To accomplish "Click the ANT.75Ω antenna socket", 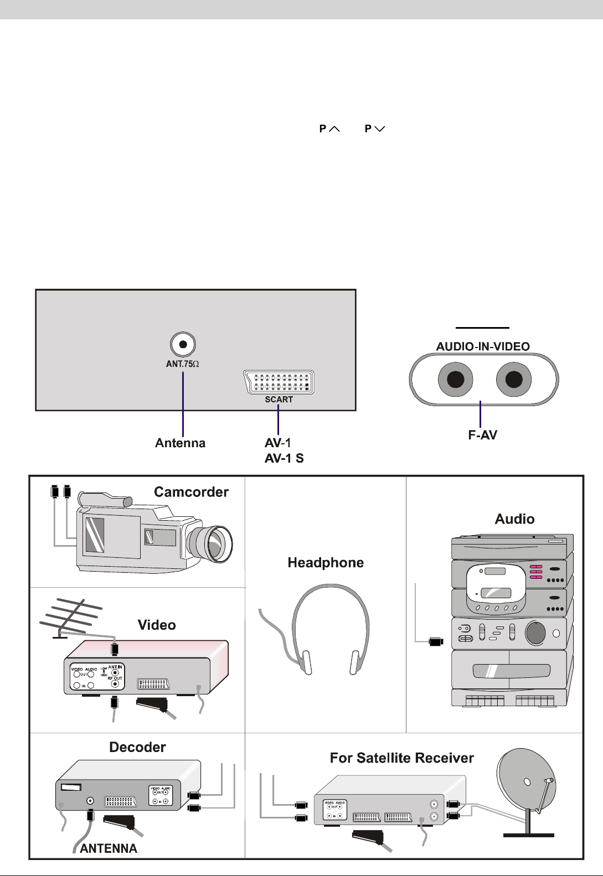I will click(183, 344).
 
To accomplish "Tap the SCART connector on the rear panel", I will click(279, 382).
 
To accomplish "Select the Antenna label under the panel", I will click(180, 443).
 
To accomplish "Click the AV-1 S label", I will click(284, 458).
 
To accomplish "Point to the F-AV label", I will click(482, 435).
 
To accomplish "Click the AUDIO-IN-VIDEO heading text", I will click(483, 346).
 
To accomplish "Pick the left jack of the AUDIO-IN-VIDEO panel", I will click(455, 380).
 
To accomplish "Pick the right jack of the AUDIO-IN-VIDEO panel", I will click(514, 380).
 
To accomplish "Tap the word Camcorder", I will click(191, 492).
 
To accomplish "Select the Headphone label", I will click(326, 563).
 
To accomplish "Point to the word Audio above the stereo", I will click(514, 519).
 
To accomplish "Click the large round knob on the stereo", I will click(535, 633).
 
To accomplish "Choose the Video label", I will click(157, 625).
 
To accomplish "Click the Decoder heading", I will click(137, 747).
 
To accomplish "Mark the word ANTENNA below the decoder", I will click(109, 848).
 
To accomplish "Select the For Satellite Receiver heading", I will click(401, 758).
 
